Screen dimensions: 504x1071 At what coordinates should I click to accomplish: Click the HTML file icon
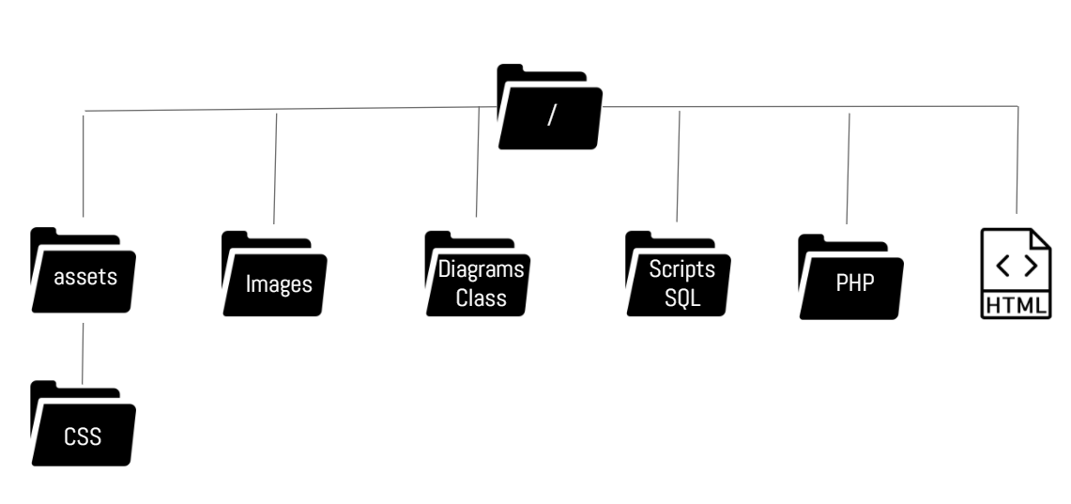pyautogui.click(x=1017, y=273)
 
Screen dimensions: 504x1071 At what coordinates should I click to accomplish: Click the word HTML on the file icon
pyautogui.click(x=1017, y=305)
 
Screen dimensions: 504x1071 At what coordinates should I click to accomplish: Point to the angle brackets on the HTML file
pyautogui.click(x=1017, y=267)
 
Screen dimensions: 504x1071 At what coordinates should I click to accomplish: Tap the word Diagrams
pyautogui.click(x=481, y=269)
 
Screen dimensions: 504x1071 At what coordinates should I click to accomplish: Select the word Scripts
pyautogui.click(x=682, y=269)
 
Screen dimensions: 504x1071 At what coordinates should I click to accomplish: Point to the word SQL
pyautogui.click(x=682, y=298)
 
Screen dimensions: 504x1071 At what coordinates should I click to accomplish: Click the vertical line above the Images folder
pyautogui.click(x=275, y=169)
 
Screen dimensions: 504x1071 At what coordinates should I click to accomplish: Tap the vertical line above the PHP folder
pyautogui.click(x=849, y=169)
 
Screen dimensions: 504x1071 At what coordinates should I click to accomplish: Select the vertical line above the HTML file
pyautogui.click(x=1017, y=160)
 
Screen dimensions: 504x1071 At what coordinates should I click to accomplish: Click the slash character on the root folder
pyautogui.click(x=551, y=115)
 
